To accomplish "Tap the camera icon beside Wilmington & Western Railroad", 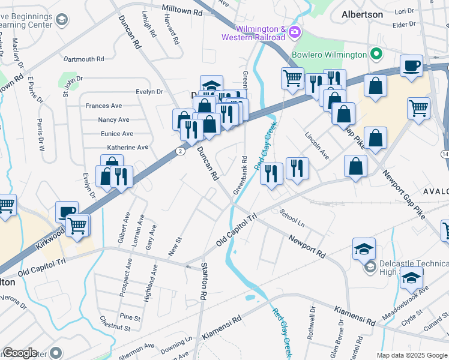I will (294, 32).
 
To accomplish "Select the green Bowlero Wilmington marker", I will (376, 55).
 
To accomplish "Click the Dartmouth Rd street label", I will (84, 59).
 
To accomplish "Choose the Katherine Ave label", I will (127, 147).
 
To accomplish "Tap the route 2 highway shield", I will (181, 151).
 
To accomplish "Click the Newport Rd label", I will (306, 247).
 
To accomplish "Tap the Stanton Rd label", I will (204, 281).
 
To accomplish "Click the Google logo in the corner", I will (20, 353).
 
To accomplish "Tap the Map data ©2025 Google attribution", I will (411, 355).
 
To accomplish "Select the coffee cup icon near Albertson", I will (411, 66).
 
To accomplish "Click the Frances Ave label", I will (104, 106).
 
